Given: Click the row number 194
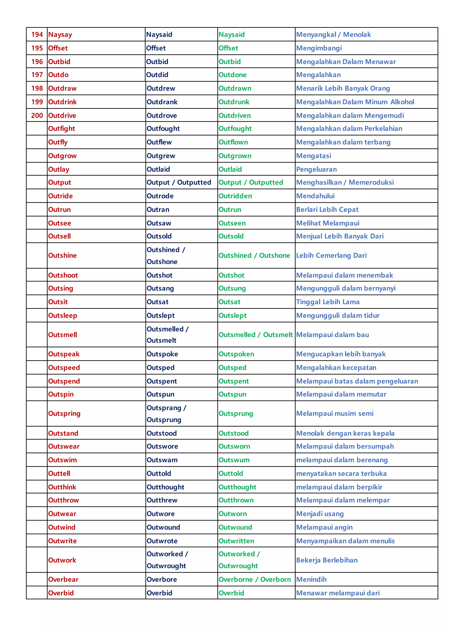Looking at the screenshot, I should tap(37, 35).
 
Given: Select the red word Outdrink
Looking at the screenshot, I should tap(62, 102).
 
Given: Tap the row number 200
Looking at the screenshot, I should tap(37, 115).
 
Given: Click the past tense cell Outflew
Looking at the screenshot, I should tap(159, 142).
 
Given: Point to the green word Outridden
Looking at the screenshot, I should tap(235, 196).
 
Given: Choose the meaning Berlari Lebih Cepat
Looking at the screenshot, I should tap(327, 210).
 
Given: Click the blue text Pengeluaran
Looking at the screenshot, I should tap(316, 169).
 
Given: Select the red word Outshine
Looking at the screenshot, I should tap(62, 255).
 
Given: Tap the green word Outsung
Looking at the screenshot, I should tap(232, 288).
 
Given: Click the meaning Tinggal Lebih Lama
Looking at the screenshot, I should tap(328, 302).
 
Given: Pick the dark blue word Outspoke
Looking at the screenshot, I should tap(162, 354).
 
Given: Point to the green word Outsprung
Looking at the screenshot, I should tap(235, 413).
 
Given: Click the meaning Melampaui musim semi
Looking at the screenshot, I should tap(335, 413).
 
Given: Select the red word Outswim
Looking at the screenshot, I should tap(62, 460).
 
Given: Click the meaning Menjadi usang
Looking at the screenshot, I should tap(320, 514).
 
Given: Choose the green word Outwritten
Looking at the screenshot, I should tap(236, 541).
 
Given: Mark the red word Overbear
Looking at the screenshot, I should tap(63, 579).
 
